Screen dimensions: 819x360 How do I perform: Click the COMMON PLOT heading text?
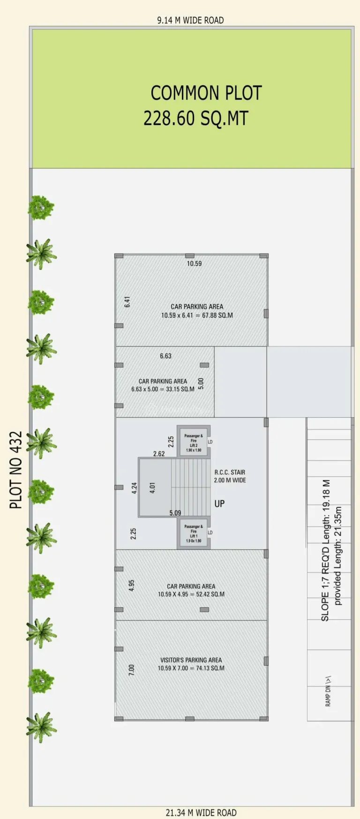tap(206, 93)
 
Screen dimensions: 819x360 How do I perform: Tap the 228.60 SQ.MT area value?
tap(195, 118)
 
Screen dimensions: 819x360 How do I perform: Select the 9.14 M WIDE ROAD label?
tap(190, 20)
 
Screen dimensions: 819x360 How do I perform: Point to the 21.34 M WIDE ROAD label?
tap(201, 812)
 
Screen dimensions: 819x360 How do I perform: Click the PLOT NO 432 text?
tap(16, 470)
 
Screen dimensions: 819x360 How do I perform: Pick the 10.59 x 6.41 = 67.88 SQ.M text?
tap(197, 316)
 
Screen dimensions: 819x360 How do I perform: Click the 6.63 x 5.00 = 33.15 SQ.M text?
tap(163, 389)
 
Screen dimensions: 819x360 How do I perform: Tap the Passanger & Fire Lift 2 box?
tap(194, 442)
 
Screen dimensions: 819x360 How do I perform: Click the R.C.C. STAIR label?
tap(230, 472)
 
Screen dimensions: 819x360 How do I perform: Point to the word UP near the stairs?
tap(219, 503)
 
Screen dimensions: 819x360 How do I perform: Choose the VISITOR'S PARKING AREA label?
tap(191, 660)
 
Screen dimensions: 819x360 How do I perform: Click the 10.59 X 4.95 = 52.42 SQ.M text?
tap(191, 594)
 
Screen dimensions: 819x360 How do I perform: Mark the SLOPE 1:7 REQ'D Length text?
tap(325, 551)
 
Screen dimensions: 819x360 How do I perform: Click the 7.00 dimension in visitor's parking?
tap(132, 670)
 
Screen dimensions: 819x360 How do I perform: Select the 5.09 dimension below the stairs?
tap(175, 513)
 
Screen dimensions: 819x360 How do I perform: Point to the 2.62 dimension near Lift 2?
tap(159, 454)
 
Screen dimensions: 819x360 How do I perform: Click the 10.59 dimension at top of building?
tap(194, 263)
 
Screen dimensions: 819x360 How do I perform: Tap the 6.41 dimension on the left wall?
tap(127, 302)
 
